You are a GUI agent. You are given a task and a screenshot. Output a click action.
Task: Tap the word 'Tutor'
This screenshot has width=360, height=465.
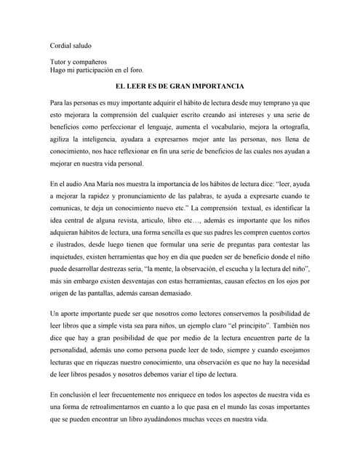tap(59, 63)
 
